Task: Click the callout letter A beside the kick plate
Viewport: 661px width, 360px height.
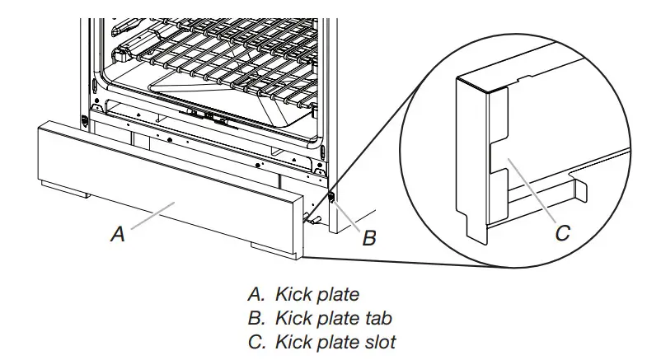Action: tap(118, 234)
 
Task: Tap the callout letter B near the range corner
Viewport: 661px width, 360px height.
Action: tap(370, 238)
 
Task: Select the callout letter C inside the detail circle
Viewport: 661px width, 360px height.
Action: tap(562, 233)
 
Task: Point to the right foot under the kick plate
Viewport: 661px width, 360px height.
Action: tap(268, 247)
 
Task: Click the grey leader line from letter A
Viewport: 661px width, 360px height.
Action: tap(152, 216)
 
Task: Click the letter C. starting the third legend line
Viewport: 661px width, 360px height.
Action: tap(254, 341)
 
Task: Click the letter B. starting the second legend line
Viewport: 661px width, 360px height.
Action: tap(254, 317)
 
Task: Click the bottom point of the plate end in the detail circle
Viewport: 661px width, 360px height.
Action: tap(476, 239)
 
